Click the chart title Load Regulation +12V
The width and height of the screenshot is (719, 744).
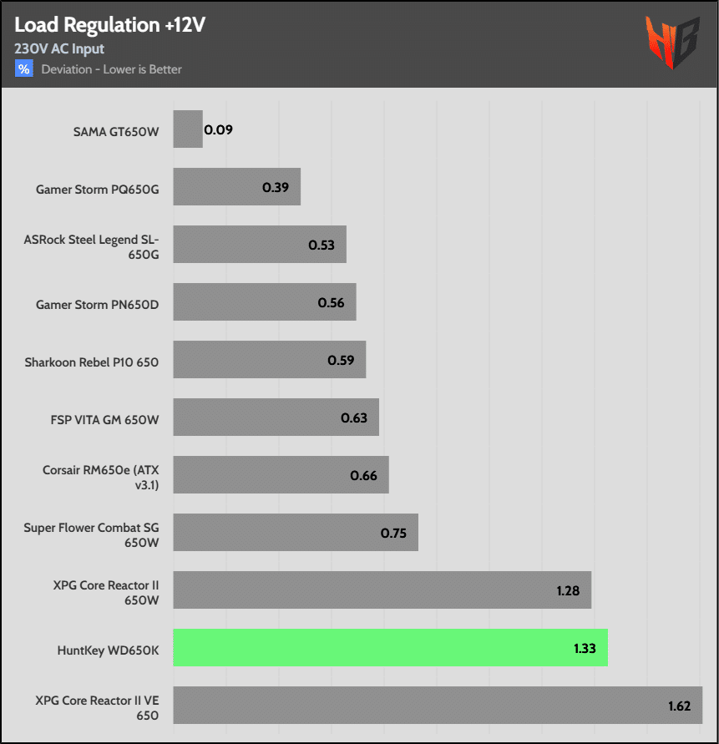pos(109,25)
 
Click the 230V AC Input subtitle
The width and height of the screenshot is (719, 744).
pos(59,49)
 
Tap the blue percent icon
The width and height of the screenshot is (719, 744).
pos(23,69)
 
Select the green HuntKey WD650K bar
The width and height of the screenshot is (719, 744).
pos(390,648)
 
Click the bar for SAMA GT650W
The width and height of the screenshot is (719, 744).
pos(188,129)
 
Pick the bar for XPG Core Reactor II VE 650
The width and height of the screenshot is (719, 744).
pos(438,706)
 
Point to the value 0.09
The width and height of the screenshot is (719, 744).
pos(219,130)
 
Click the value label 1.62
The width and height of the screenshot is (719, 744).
pos(679,706)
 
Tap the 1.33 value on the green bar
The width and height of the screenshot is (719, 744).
pos(585,648)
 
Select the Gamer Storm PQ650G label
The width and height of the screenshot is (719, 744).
pos(97,189)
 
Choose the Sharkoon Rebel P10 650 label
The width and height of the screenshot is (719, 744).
pos(92,362)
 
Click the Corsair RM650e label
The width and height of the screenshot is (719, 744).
pos(100,477)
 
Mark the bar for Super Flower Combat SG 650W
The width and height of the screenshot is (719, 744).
pos(296,533)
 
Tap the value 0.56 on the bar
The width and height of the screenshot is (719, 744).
pos(331,303)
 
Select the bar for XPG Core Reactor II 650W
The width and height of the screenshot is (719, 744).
pos(382,590)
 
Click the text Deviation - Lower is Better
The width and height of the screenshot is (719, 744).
pos(112,69)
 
